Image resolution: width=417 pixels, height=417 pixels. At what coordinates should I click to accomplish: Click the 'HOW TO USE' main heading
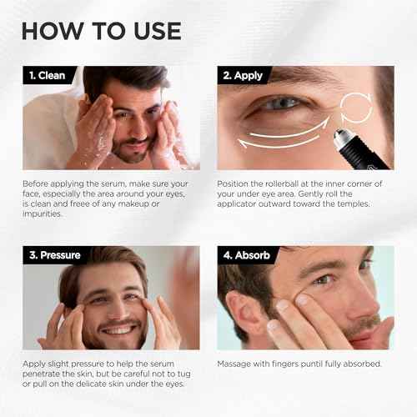101,30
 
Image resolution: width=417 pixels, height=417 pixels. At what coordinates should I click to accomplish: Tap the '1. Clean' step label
48,76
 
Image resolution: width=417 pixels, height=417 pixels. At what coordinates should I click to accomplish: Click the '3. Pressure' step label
55,255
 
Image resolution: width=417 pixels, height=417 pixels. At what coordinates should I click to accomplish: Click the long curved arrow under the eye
288,133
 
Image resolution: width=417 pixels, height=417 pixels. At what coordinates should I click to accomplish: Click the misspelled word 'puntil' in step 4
317,364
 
